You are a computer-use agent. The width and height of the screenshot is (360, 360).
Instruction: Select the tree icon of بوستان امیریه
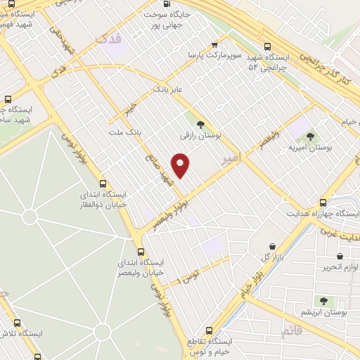tap(310, 136)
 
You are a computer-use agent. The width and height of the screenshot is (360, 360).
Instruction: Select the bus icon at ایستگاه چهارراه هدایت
tap(323, 202)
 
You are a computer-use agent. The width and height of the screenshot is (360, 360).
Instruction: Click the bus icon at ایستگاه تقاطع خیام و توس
tap(209, 330)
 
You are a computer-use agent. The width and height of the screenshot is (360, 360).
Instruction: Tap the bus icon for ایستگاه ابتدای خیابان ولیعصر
tap(141, 252)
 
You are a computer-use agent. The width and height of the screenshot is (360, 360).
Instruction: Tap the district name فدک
tap(112, 39)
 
